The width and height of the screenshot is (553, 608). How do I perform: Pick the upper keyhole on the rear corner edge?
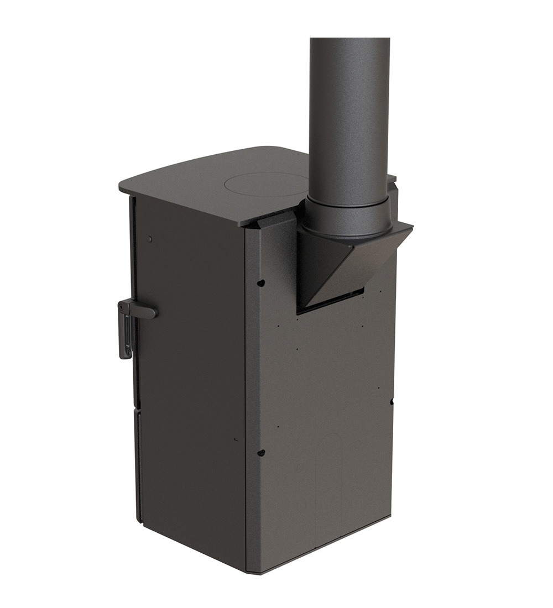click(x=261, y=283)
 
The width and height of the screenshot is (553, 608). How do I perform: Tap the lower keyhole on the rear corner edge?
click(x=261, y=453)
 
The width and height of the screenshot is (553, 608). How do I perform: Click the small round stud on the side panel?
click(x=150, y=239)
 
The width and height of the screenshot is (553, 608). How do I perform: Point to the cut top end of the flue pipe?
click(x=349, y=40)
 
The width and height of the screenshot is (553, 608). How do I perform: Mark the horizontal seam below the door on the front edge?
click(x=137, y=410)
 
